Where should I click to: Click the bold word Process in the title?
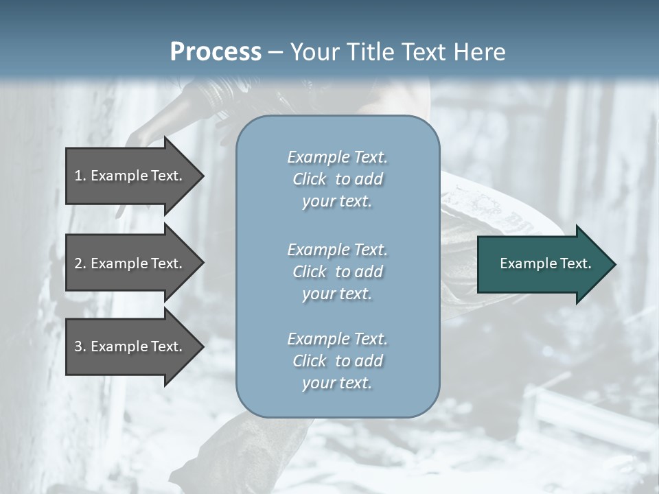pyautogui.click(x=216, y=52)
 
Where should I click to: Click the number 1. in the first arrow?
pyautogui.click(x=80, y=176)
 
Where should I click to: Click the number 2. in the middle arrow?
pyautogui.click(x=80, y=263)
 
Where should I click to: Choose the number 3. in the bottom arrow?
pyautogui.click(x=80, y=346)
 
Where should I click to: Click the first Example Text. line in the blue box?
pyautogui.click(x=337, y=157)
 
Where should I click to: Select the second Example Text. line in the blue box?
pyautogui.click(x=337, y=249)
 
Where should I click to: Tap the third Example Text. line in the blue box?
pyautogui.click(x=337, y=339)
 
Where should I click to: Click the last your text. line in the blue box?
pyautogui.click(x=337, y=383)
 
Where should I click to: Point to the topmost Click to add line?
pyautogui.click(x=337, y=179)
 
